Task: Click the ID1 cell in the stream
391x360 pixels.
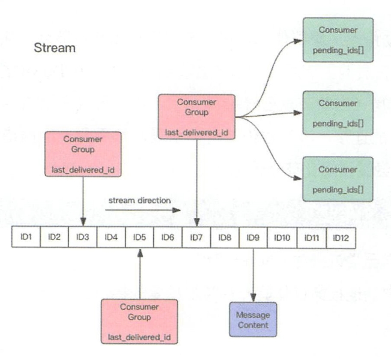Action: (x=26, y=237)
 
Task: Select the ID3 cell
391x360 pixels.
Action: (x=83, y=237)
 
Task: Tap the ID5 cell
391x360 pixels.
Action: (x=139, y=237)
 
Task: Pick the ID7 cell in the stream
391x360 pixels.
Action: (x=196, y=237)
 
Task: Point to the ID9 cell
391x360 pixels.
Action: (x=253, y=237)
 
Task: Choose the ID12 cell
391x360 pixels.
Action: (x=341, y=237)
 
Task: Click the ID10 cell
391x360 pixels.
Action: (x=282, y=237)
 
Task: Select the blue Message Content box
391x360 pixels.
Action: (x=252, y=320)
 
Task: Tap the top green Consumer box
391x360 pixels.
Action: (x=338, y=39)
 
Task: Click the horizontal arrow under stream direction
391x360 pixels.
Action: (x=144, y=210)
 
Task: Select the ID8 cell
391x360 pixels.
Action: (x=225, y=237)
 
